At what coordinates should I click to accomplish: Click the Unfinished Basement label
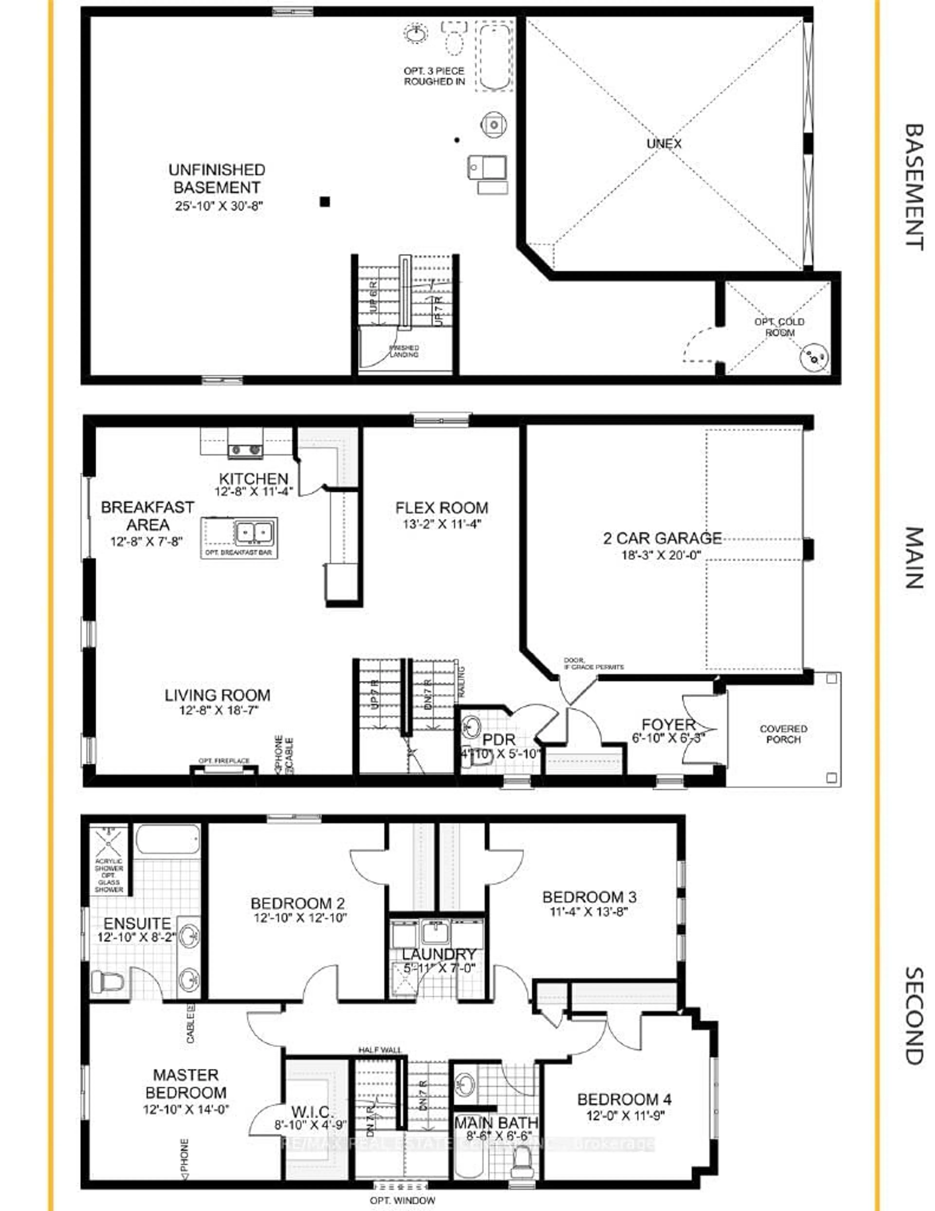217,179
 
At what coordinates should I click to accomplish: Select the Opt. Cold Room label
779,327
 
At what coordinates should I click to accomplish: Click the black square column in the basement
325,202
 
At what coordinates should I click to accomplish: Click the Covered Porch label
783,734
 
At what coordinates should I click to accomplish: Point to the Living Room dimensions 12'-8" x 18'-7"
217,710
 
